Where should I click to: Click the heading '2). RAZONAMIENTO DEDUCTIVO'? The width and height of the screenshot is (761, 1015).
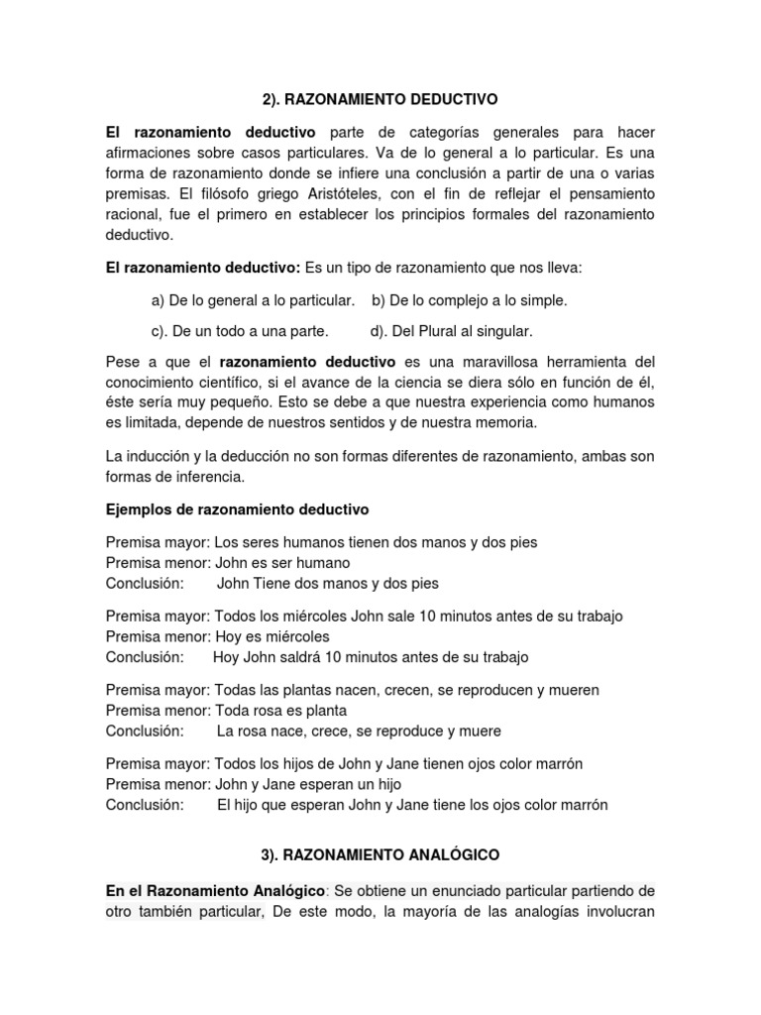click(380, 100)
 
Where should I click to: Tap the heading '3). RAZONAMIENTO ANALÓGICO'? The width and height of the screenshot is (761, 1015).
click(380, 853)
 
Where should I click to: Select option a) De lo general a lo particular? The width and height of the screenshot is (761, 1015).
click(253, 299)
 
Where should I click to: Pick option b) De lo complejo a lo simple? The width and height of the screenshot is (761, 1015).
click(469, 299)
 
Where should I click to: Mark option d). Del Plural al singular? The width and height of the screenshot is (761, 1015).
click(451, 331)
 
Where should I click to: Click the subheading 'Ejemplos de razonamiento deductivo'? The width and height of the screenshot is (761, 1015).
click(237, 509)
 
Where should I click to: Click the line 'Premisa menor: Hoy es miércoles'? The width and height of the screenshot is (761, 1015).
click(218, 636)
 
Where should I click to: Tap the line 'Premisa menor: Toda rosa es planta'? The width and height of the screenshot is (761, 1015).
click(227, 711)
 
